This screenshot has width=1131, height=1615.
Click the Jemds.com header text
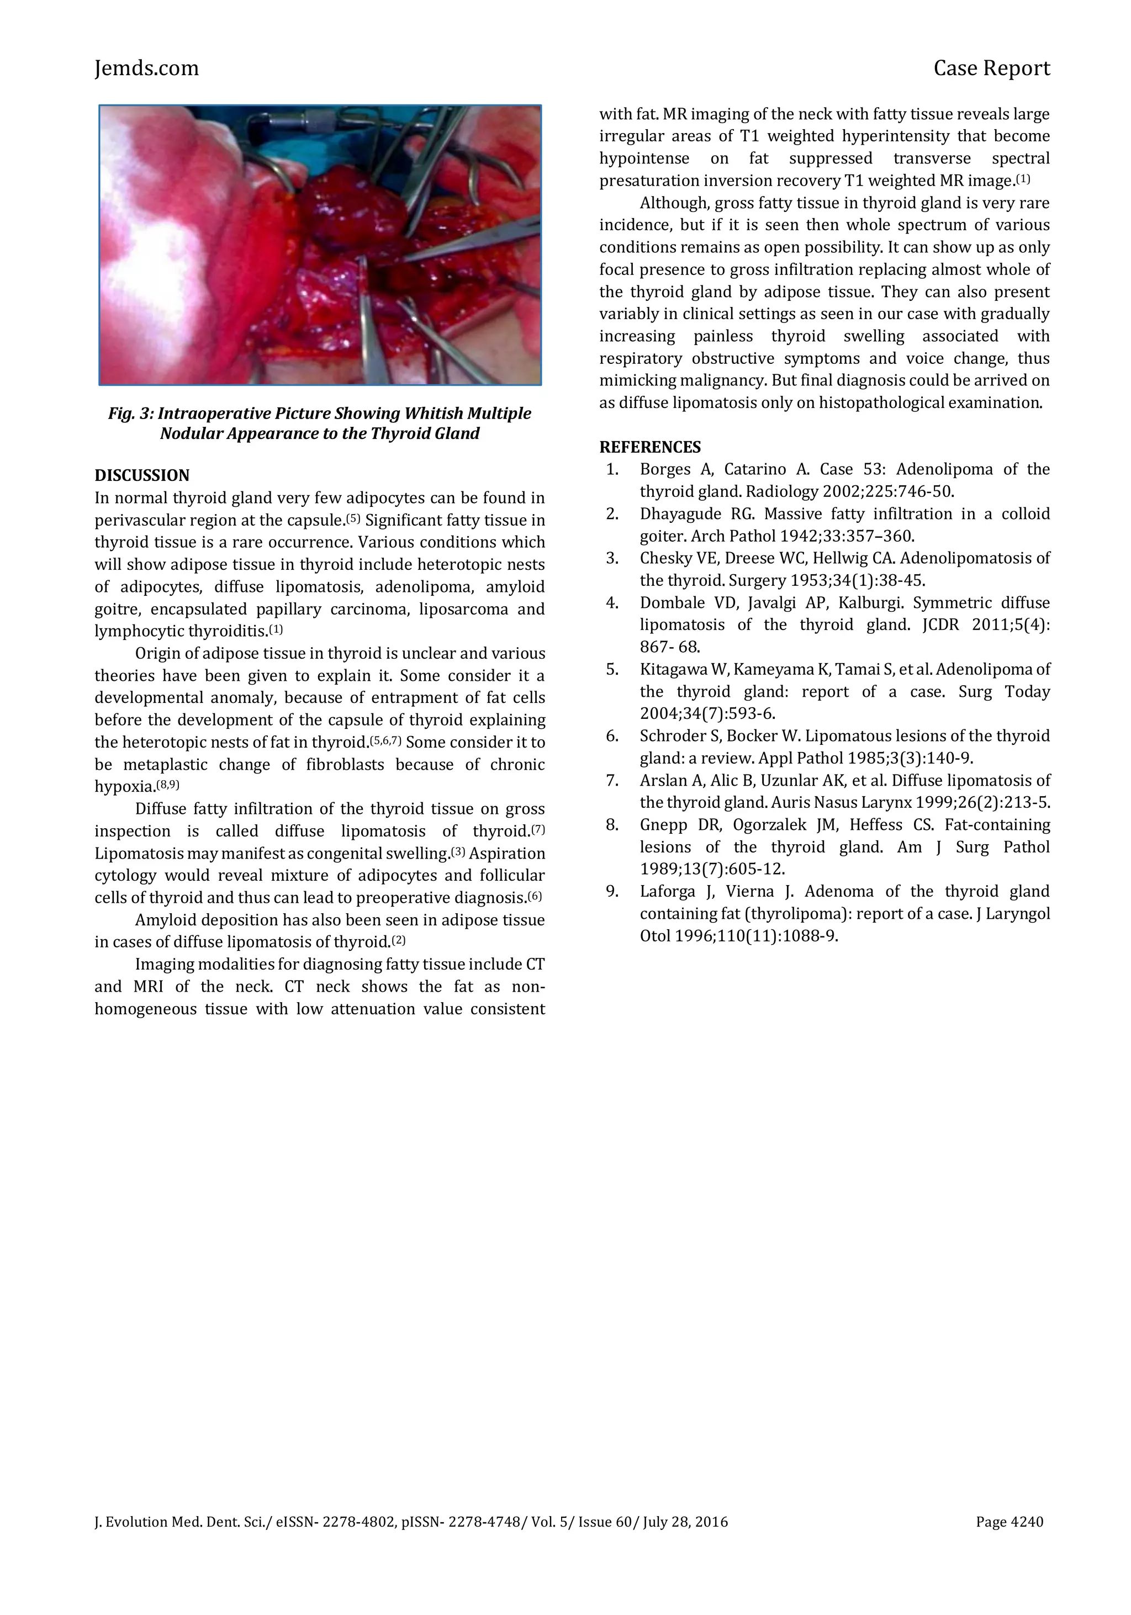[146, 68]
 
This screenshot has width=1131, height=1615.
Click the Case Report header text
[991, 68]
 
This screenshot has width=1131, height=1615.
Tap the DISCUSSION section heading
[142, 475]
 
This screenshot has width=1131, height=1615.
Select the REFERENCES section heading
[649, 447]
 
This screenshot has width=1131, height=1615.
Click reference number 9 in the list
[612, 892]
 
